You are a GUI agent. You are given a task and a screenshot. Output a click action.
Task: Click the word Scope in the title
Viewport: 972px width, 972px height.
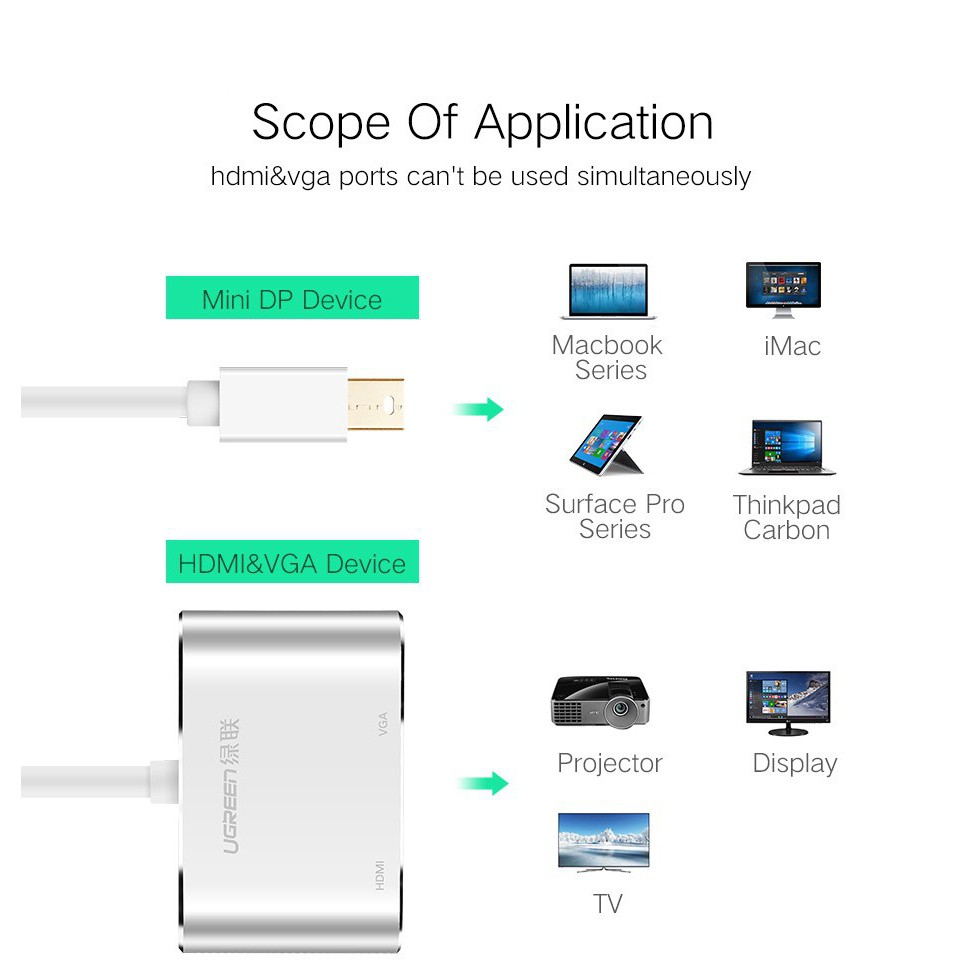(320, 123)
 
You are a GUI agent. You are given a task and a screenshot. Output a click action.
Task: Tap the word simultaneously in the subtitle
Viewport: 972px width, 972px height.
(664, 177)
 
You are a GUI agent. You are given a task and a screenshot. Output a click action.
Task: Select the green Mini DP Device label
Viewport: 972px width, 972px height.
(292, 298)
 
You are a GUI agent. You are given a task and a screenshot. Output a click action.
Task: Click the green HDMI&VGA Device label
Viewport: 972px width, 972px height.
(292, 562)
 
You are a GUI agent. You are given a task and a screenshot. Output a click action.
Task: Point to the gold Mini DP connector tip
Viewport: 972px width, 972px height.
(376, 404)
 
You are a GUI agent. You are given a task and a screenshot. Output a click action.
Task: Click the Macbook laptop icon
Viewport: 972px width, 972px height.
(608, 291)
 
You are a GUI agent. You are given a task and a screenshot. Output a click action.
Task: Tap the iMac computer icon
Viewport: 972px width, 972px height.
(784, 289)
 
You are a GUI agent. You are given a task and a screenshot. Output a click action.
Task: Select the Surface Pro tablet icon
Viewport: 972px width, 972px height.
(606, 444)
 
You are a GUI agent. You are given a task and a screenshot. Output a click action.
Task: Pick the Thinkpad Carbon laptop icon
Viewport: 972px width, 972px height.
(787, 448)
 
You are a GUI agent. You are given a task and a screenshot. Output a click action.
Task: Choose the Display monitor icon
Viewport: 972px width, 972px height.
(788, 703)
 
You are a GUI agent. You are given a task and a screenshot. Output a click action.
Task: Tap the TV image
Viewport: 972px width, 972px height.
(604, 842)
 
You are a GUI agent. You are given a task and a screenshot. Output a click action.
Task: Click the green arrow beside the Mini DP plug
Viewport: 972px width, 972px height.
(479, 409)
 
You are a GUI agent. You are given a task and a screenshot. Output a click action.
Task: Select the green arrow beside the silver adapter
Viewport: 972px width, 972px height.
(484, 784)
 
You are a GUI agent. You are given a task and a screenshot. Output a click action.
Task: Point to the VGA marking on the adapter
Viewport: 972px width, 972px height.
(383, 724)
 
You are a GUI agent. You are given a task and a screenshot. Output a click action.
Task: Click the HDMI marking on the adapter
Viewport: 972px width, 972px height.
(380, 875)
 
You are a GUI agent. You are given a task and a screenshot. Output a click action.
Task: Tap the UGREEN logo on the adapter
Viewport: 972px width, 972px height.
(230, 786)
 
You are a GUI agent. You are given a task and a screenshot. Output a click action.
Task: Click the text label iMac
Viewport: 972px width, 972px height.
(792, 346)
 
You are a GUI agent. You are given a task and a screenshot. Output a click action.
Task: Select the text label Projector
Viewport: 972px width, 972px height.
(610, 763)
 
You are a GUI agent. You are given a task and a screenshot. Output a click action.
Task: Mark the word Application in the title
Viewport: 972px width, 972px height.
(594, 123)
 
